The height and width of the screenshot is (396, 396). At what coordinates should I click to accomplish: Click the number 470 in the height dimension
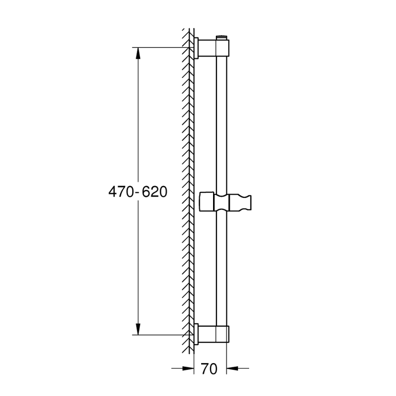tap(120, 192)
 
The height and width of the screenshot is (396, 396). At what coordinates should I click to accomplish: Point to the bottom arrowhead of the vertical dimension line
tap(138, 328)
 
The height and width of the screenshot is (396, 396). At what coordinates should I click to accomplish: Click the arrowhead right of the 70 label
tap(232, 368)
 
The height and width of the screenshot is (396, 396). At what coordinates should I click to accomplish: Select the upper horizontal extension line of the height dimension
tap(160, 47)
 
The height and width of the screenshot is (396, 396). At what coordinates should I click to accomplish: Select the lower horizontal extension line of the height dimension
tap(160, 335)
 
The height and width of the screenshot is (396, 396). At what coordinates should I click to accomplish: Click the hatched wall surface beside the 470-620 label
tap(187, 192)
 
